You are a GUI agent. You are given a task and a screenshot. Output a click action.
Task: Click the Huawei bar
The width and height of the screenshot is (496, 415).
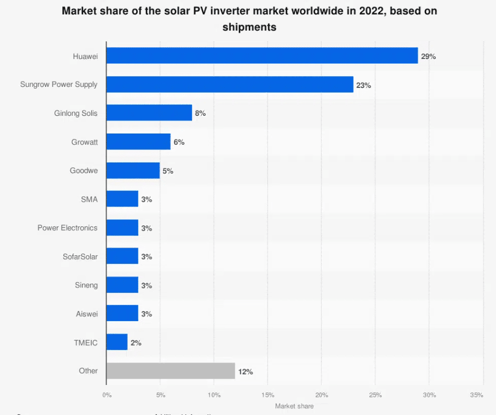tap(262, 56)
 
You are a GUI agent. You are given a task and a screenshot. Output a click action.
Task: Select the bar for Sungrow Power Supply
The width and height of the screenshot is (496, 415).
tap(230, 85)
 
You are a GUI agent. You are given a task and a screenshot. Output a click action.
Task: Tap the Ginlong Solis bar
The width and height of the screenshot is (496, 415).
tap(149, 113)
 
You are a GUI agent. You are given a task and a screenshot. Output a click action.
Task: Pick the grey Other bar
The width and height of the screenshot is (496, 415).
tap(171, 371)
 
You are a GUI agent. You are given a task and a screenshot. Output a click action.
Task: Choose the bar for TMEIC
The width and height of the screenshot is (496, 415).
tap(117, 342)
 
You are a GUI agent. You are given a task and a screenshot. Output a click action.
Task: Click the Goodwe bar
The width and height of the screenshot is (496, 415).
tap(133, 171)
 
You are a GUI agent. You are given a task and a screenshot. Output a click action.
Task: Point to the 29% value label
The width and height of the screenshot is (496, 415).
tap(428, 56)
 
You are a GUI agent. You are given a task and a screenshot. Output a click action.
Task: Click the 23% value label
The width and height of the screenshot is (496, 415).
tap(364, 85)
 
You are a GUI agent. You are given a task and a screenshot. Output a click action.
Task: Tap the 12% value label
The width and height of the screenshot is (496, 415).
tap(246, 372)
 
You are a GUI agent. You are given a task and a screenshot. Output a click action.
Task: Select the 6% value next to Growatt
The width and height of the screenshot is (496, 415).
tap(179, 142)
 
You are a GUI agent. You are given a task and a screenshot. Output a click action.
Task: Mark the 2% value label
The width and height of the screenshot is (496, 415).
tap(136, 343)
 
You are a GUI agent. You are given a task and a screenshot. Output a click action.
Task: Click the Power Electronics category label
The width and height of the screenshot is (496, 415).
tap(68, 228)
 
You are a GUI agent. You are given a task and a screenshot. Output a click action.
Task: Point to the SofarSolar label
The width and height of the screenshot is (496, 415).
tap(80, 256)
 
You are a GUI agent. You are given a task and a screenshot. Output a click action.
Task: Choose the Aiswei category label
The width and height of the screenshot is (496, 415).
tap(87, 314)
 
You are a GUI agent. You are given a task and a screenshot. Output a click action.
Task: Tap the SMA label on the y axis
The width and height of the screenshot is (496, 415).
tap(89, 199)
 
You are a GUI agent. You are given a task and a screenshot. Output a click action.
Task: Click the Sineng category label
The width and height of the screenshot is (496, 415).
tap(86, 285)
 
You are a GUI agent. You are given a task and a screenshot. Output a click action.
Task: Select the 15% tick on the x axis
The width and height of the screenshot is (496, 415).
tap(268, 395)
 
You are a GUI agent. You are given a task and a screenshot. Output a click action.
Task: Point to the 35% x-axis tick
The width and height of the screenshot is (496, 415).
tap(477, 395)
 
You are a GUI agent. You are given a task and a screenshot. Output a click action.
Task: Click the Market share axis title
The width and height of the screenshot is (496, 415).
tap(294, 406)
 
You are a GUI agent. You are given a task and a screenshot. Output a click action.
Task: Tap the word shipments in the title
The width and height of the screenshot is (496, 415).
tap(249, 27)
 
